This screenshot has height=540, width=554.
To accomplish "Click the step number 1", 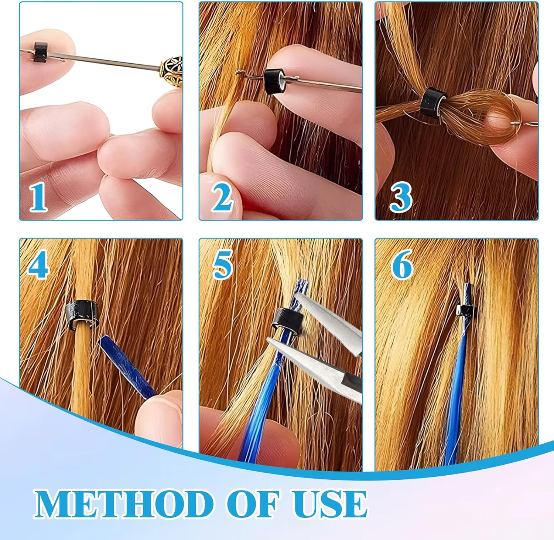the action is click(x=38, y=198).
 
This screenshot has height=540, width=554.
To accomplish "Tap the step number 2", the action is click(x=222, y=198).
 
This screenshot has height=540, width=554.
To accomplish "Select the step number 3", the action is click(x=401, y=198).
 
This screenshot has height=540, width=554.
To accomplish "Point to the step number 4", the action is click(x=38, y=264).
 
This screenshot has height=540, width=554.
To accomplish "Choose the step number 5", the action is click(x=222, y=264).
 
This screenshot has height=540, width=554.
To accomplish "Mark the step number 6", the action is click(x=402, y=264).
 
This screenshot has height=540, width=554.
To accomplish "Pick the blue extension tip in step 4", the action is click(x=127, y=366).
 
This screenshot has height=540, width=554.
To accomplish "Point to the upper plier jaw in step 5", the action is click(x=329, y=320).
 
